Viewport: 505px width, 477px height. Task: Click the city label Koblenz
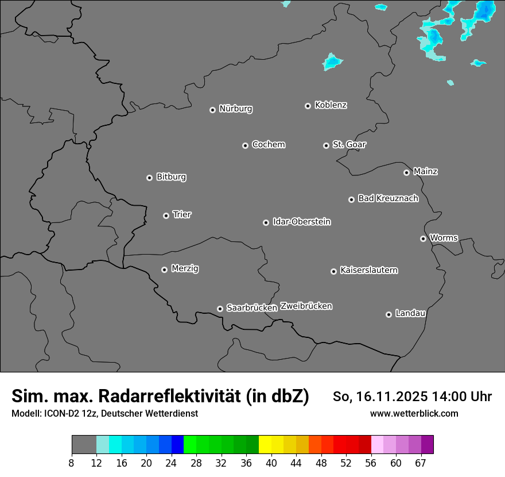(331, 105)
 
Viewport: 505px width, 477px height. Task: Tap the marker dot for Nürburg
(212, 110)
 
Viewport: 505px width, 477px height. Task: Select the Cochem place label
(269, 144)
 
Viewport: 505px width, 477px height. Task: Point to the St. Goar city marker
(326, 146)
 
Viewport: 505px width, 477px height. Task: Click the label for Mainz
(425, 171)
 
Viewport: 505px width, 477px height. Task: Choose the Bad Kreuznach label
(388, 198)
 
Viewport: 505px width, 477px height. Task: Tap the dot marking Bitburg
(149, 178)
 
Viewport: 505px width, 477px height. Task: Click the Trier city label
(182, 214)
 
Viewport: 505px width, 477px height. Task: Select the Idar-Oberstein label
(301, 221)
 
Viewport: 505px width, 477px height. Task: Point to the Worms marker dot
(423, 238)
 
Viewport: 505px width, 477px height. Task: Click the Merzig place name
(185, 268)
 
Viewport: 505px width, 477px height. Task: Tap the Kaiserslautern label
(369, 270)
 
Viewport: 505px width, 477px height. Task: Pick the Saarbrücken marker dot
(220, 309)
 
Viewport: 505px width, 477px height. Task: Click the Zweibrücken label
(306, 306)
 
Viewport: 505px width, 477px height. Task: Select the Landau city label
(410, 313)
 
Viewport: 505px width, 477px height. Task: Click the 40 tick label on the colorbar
(271, 463)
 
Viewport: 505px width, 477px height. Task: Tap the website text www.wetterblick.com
(414, 413)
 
